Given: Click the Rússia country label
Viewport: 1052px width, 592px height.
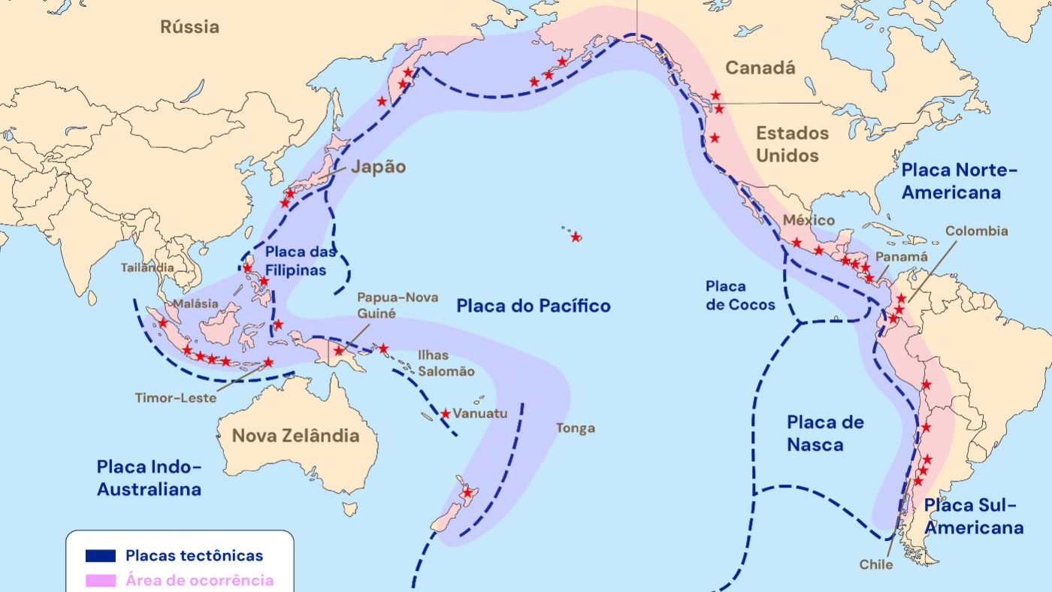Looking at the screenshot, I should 190,27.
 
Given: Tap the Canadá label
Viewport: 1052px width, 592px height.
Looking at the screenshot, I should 760,68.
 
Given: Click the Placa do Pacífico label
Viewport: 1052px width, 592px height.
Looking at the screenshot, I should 534,306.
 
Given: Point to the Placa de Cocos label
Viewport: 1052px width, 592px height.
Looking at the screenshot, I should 740,295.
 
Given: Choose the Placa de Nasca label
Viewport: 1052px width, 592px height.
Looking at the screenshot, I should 825,433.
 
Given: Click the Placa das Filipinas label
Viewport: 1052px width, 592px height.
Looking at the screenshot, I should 296,261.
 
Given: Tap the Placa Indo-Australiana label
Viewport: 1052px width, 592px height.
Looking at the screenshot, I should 149,478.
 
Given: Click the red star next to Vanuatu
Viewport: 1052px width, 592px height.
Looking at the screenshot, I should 446,414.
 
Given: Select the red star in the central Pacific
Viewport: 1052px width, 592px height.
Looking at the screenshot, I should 576,237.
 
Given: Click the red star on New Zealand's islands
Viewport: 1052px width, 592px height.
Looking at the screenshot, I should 467,493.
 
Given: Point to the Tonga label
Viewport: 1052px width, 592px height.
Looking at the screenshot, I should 576,428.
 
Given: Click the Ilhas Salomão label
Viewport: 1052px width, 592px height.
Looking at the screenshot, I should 446,363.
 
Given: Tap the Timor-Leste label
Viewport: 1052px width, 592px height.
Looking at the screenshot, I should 176,397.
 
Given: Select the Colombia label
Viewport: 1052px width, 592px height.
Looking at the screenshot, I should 976,231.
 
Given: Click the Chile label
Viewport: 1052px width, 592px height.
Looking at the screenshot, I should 876,564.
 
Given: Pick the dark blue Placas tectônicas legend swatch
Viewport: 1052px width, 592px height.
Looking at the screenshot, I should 100,556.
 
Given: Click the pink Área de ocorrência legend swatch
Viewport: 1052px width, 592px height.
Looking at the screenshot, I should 100,580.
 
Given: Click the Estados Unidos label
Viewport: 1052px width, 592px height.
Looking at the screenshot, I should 792,144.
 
